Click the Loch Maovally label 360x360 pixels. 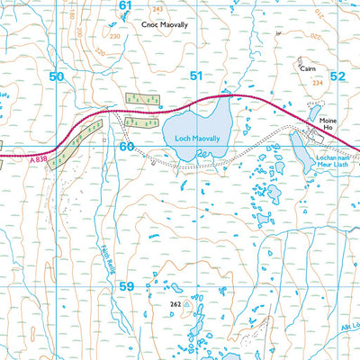(x=194, y=139)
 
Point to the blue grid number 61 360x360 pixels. (x=124, y=5)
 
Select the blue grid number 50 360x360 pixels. (x=57, y=77)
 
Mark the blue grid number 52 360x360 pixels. (x=337, y=77)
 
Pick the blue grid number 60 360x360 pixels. (x=126, y=146)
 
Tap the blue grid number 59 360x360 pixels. (x=126, y=286)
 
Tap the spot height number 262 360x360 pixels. (x=175, y=304)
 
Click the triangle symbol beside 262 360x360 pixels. (x=187, y=304)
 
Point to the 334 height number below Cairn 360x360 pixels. (x=316, y=83)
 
